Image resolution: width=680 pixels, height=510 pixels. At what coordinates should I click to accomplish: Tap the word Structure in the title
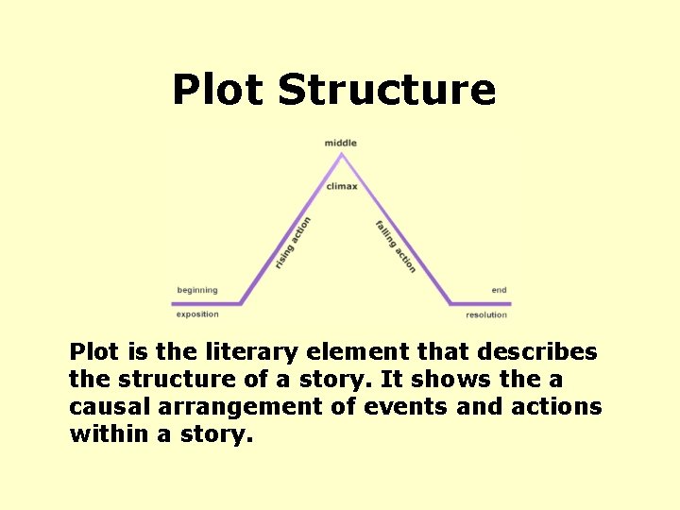(x=387, y=90)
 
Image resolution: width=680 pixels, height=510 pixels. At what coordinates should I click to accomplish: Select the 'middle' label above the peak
(x=341, y=144)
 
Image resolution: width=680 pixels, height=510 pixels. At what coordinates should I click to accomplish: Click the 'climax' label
(x=342, y=186)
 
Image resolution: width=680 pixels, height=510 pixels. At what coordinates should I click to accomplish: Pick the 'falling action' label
(x=395, y=246)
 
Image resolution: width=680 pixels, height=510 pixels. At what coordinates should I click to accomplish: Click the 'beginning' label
(x=197, y=290)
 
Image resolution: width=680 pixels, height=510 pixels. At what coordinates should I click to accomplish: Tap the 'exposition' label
(x=197, y=314)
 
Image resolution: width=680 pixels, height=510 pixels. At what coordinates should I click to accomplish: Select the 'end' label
(x=499, y=290)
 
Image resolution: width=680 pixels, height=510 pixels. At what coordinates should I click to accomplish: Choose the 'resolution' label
(x=486, y=314)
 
